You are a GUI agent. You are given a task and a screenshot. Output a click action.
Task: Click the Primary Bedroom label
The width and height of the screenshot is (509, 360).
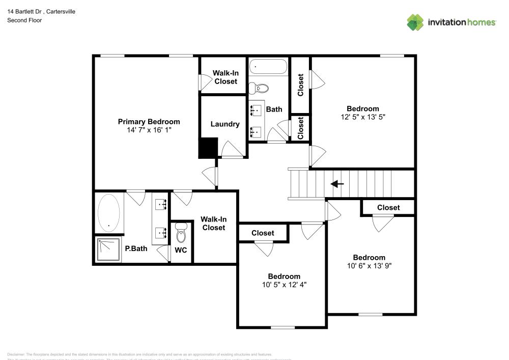click(149, 122)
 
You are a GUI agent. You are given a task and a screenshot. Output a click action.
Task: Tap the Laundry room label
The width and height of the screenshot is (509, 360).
click(224, 124)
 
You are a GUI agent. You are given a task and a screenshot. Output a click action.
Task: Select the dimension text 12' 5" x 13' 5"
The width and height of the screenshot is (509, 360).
click(363, 117)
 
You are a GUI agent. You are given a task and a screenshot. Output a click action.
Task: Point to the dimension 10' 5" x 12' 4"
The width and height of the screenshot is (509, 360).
click(281, 285)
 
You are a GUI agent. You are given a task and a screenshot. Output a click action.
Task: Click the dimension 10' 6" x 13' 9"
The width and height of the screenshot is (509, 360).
click(370, 265)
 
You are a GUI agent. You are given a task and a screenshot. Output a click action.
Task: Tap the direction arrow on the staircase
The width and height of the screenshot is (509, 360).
click(337, 184)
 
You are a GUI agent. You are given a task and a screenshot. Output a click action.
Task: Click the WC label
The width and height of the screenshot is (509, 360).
click(181, 250)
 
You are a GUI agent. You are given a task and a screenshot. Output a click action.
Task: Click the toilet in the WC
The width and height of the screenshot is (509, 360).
click(181, 234)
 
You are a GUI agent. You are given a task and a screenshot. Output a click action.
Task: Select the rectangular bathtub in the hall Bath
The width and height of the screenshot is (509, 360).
click(268, 67)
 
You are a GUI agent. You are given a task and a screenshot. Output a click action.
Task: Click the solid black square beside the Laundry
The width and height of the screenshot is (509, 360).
click(208, 148)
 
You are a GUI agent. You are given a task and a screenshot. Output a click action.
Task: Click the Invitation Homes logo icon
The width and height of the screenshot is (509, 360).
click(415, 22)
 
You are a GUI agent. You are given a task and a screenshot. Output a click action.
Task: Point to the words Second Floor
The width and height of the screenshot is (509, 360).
click(24, 20)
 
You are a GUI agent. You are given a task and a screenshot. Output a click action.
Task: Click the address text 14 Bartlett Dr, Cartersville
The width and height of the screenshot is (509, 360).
click(41, 11)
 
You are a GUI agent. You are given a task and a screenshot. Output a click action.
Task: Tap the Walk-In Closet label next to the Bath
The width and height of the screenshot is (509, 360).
click(225, 77)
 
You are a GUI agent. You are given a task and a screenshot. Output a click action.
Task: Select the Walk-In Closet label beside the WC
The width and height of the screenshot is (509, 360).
click(213, 224)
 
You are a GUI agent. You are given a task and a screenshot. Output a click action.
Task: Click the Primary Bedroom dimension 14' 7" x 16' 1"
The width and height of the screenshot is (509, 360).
click(149, 130)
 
